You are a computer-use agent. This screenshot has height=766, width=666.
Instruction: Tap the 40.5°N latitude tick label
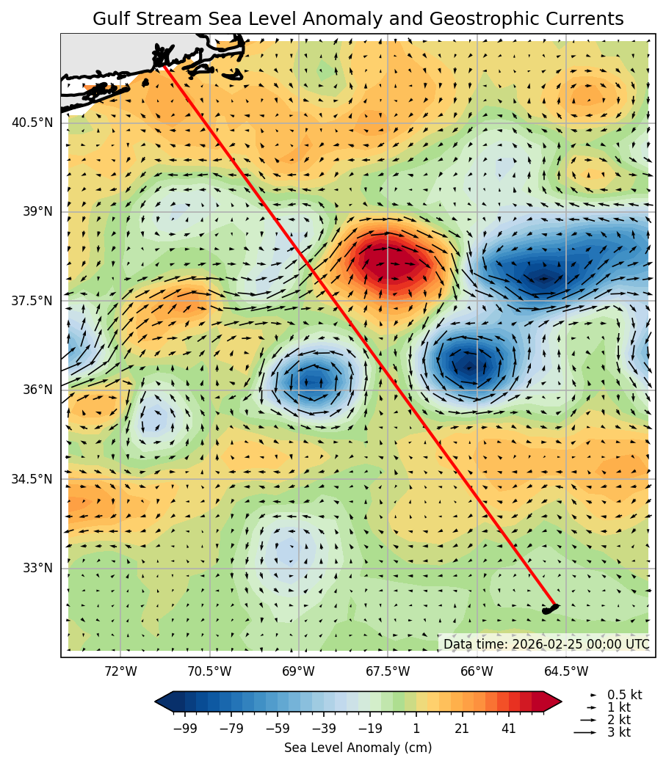(32, 123)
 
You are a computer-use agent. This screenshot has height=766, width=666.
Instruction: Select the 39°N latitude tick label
(37, 211)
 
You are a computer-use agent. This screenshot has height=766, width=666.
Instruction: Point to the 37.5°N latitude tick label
(32, 301)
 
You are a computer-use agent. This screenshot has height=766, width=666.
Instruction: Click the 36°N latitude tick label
(37, 390)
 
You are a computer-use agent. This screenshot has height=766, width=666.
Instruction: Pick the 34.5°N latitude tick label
(32, 479)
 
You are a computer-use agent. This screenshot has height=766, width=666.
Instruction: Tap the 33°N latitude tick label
(37, 568)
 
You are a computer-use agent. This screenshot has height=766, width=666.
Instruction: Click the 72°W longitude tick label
(120, 671)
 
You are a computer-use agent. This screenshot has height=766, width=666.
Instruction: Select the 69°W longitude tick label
(298, 671)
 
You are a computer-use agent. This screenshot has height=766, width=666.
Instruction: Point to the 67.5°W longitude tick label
(388, 671)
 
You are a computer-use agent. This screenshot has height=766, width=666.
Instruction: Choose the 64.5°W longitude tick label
(566, 671)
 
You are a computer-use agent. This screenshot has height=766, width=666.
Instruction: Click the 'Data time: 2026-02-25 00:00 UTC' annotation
(546, 644)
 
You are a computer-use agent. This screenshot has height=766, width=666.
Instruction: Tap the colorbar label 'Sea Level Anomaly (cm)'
(358, 748)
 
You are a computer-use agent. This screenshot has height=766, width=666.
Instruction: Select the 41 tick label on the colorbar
(508, 728)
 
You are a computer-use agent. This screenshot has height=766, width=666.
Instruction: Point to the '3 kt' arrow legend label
(618, 732)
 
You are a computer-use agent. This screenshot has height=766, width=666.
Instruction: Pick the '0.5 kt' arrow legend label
(624, 695)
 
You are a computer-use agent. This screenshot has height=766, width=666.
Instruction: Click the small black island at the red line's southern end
(549, 608)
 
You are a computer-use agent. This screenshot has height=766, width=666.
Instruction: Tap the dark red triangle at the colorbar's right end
(553, 702)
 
